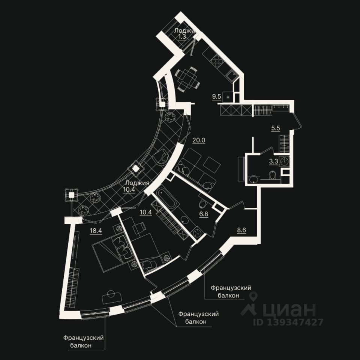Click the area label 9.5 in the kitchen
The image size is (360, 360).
pos(216,96)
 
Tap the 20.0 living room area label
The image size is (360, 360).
pos(199,140)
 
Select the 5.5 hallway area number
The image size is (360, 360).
pos(276,128)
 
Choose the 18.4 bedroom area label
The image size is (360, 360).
pos(96,231)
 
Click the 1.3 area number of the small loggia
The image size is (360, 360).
pos(182,37)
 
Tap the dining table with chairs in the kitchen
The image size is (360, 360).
pos(186,79)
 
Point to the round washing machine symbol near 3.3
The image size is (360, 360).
pos(286,162)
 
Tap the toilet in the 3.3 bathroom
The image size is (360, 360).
pos(273,175)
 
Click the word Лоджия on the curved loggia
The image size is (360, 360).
pos(137,183)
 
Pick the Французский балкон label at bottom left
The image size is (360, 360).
pos(83,342)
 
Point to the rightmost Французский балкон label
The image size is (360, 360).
pos(230,291)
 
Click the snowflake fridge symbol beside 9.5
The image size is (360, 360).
pos(227,97)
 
